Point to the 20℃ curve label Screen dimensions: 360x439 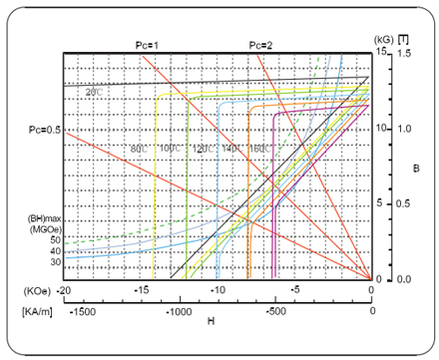94,93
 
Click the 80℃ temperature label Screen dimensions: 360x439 139,150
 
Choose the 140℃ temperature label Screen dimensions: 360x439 231,150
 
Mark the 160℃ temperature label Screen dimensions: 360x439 261,150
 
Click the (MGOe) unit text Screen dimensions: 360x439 42,229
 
